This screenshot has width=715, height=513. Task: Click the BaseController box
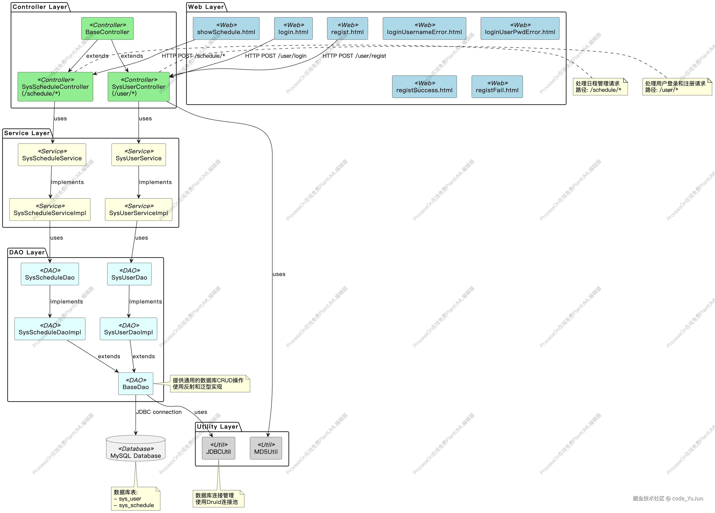click(x=107, y=28)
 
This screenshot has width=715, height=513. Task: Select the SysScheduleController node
click(x=55, y=87)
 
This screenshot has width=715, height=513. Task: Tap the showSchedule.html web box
click(x=226, y=28)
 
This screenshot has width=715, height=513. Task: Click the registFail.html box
click(x=497, y=87)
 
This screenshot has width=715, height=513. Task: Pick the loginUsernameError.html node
click(x=424, y=28)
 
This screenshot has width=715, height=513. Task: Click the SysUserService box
click(x=138, y=155)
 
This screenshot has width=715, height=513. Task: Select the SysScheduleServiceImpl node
click(x=50, y=209)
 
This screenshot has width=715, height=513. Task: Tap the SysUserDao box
click(x=129, y=274)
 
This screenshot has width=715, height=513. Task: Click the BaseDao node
click(x=136, y=383)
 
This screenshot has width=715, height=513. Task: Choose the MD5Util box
click(x=266, y=448)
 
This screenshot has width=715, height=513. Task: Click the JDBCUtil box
click(x=218, y=448)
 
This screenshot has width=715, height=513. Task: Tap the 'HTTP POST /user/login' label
click(x=275, y=56)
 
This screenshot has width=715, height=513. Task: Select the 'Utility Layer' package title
click(x=218, y=427)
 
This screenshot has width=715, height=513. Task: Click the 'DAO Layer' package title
click(x=27, y=252)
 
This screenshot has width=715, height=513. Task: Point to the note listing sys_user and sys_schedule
click(x=136, y=498)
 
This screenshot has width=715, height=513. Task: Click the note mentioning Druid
click(x=218, y=498)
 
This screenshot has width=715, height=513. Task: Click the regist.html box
click(x=347, y=28)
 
